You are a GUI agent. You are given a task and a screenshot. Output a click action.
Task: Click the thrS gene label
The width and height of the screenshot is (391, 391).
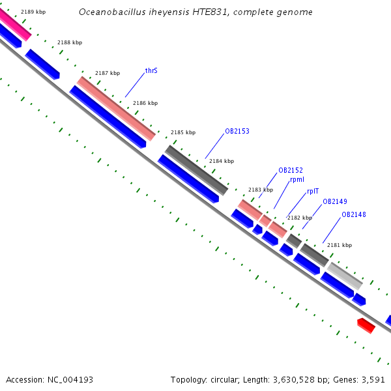pos(151,70)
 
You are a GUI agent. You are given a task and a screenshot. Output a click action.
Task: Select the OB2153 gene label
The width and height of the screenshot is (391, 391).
pos(237,131)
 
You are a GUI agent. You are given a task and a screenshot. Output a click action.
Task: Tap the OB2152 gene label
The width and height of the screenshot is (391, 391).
pos(291,170)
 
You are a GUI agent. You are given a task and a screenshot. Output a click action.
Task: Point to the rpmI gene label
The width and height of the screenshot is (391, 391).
pos(297,180)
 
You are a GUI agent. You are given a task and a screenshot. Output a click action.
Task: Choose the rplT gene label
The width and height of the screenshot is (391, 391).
pos(313,191)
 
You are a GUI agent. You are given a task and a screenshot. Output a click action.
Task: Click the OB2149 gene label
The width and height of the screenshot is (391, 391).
pos(335,201)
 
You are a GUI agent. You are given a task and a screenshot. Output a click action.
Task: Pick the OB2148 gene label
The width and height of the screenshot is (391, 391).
pos(354,214)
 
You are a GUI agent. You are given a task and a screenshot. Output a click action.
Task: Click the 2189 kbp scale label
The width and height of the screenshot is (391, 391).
pos(33,12)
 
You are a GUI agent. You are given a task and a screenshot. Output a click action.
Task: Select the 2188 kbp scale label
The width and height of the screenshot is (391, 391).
pos(70,42)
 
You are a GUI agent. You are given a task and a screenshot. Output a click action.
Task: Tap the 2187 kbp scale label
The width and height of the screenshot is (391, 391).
pos(108,73)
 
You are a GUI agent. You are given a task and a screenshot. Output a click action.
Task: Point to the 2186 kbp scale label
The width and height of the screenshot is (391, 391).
pos(145,103)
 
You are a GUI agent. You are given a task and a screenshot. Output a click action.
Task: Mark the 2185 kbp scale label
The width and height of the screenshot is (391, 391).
pos(183,132)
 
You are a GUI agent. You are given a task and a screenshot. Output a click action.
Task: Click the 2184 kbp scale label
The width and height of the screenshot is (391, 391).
pos(222,161)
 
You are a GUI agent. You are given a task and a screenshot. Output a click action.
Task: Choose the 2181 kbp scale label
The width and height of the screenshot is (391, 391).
pos(340,245)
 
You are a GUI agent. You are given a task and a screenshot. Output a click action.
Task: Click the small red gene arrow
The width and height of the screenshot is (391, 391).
pos(366,325)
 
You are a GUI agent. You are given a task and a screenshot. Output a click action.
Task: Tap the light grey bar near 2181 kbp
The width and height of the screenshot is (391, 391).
pos(345,276)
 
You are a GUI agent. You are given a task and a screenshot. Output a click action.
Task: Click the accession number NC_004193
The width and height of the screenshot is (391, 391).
pos(70,380)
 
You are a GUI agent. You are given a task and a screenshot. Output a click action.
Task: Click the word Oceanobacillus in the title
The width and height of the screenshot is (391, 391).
pos(112,12)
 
